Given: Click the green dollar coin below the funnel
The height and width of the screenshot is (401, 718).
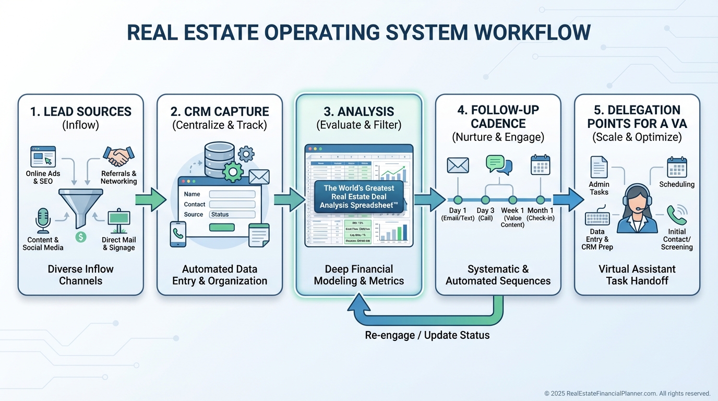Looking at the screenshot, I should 80,237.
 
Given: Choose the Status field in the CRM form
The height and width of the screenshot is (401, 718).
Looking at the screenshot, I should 232,215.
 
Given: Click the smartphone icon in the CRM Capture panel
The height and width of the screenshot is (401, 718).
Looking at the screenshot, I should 178,234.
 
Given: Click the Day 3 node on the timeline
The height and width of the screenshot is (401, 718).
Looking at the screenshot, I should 485,200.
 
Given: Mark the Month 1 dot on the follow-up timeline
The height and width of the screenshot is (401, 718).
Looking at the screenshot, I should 541,200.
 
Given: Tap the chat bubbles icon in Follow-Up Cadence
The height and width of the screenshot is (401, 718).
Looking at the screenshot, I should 499,164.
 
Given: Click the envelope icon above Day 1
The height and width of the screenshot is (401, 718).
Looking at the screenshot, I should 458,165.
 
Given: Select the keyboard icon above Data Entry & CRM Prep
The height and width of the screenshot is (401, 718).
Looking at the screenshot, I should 597,218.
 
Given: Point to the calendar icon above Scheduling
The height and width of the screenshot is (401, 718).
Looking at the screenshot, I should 677,167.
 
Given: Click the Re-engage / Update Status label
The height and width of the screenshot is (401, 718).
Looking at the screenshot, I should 427,335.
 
